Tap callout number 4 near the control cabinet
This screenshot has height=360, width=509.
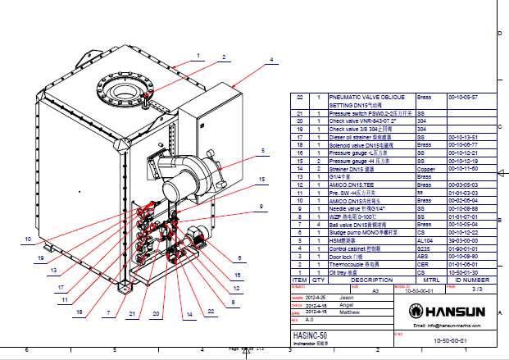coord(271,60)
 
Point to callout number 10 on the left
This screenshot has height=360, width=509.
coord(27,239)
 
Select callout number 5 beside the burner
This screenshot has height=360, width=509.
coord(263,151)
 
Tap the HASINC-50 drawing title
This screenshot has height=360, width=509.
coord(310,336)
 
